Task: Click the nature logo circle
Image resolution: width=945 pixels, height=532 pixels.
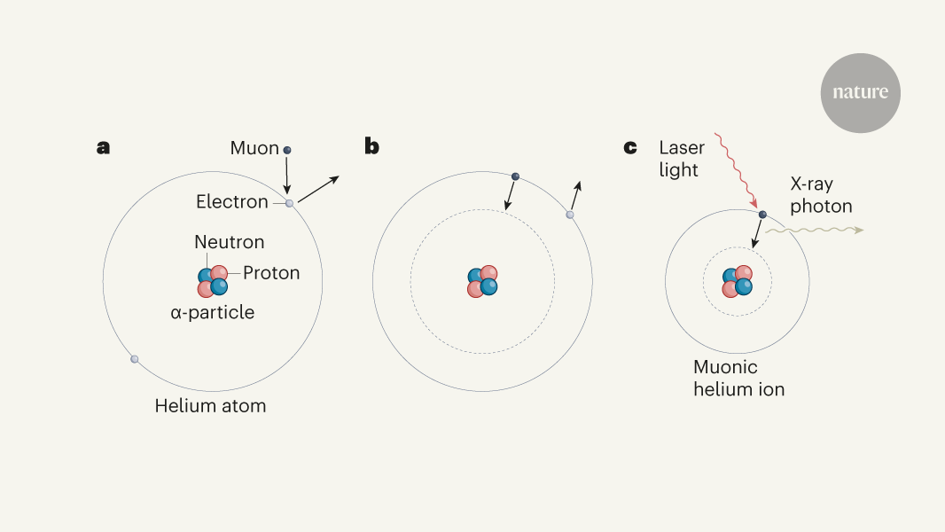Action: pyautogui.click(x=860, y=93)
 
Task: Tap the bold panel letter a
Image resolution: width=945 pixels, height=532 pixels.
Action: pyautogui.click(x=103, y=147)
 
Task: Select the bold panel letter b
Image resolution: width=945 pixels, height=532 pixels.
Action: pyautogui.click(x=371, y=145)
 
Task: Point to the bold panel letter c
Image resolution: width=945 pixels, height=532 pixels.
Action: pyautogui.click(x=630, y=147)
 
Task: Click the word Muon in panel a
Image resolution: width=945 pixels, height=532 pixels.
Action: pyautogui.click(x=254, y=148)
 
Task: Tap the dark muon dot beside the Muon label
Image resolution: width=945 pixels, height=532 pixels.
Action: pyautogui.click(x=287, y=150)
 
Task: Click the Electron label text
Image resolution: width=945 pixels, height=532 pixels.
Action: pyautogui.click(x=232, y=202)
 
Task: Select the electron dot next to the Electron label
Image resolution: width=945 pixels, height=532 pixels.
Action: pyautogui.click(x=289, y=204)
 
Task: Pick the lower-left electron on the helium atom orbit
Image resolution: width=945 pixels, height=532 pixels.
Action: pyautogui.click(x=135, y=359)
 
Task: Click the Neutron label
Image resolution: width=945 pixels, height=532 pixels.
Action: pyautogui.click(x=229, y=242)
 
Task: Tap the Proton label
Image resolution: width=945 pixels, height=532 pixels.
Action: pyautogui.click(x=271, y=273)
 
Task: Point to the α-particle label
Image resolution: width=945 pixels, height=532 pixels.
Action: pyautogui.click(x=212, y=312)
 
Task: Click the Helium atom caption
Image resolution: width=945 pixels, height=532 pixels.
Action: pyautogui.click(x=210, y=406)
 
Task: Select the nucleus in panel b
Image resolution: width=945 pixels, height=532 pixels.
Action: pyautogui.click(x=482, y=281)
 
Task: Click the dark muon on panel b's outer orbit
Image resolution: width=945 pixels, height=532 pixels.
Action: pyautogui.click(x=515, y=176)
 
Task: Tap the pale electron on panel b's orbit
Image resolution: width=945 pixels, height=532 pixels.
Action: pyautogui.click(x=569, y=215)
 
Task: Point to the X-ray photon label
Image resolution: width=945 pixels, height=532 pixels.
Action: pyautogui.click(x=821, y=195)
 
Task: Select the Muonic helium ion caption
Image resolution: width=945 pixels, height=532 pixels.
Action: pyautogui.click(x=738, y=379)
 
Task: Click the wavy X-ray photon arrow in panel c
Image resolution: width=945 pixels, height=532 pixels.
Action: pyautogui.click(x=814, y=231)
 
